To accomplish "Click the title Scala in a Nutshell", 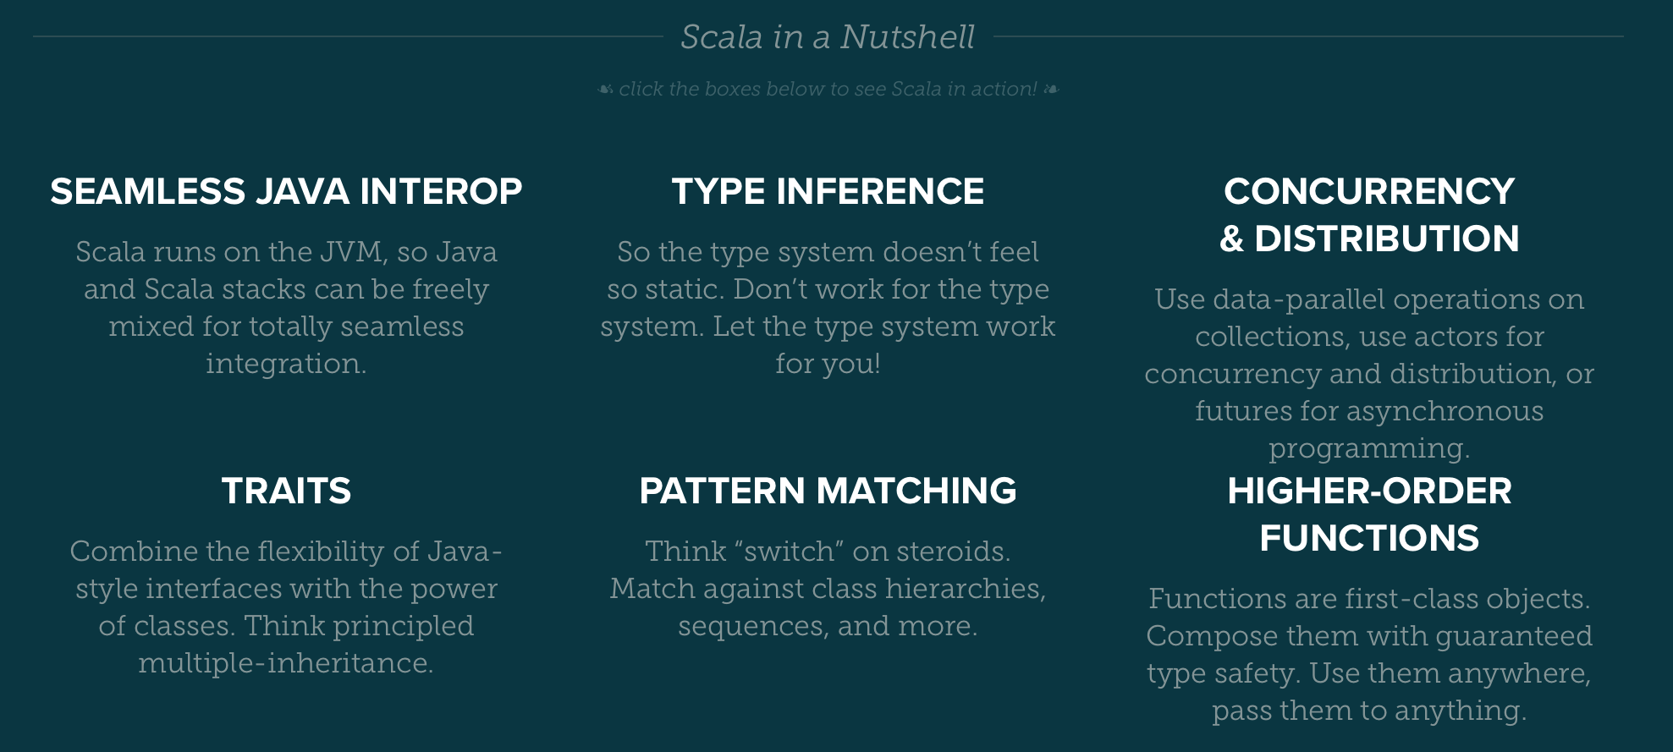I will (827, 37).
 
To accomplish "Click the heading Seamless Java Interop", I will (286, 191).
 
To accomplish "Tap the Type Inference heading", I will (828, 191).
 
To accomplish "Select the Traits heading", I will (286, 491).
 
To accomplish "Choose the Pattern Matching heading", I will (828, 491).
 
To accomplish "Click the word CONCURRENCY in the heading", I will (1369, 191).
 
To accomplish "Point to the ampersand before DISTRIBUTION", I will (1231, 239).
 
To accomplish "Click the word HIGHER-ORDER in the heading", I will (1369, 491).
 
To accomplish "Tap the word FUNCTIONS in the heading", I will (1369, 538).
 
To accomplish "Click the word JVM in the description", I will (353, 252).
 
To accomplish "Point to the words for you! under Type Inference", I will (828, 364).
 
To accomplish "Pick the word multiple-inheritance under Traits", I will (285, 663).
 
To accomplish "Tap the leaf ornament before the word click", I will (605, 89).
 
